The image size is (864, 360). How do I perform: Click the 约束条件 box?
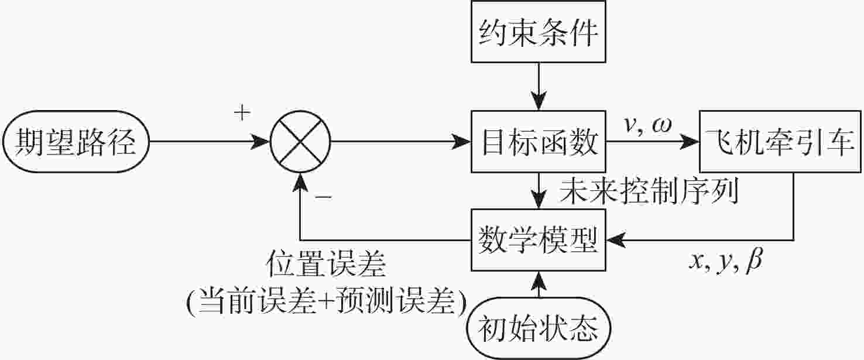pos(539,35)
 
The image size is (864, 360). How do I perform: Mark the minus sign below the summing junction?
pos(323,197)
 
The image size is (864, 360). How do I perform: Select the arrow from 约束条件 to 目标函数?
pos(539,85)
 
